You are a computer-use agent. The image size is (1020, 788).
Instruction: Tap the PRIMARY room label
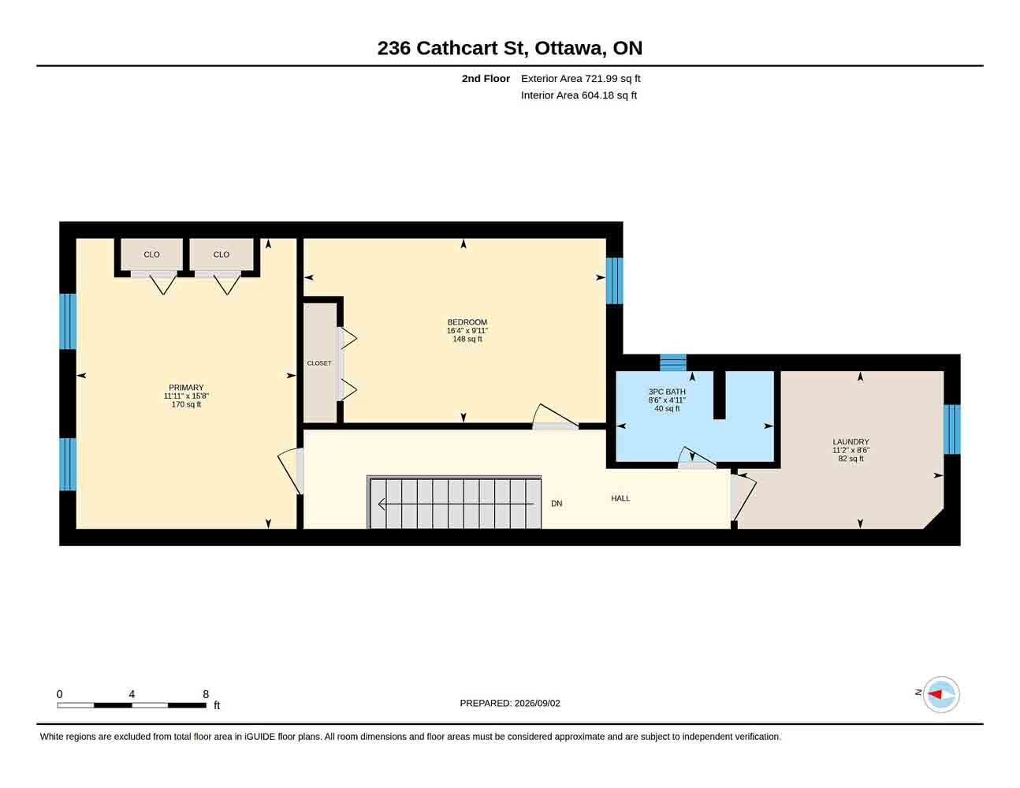pyautogui.click(x=186, y=388)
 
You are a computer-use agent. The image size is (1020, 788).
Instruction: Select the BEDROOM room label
pyautogui.click(x=467, y=322)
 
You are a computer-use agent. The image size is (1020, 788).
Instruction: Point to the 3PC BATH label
pyautogui.click(x=667, y=392)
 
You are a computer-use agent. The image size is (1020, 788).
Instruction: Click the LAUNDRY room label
pyautogui.click(x=851, y=442)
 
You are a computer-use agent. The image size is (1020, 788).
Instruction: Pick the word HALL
pyautogui.click(x=620, y=499)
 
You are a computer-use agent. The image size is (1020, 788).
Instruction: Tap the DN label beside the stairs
pyautogui.click(x=557, y=504)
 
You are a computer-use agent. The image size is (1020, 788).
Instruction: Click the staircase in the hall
pyautogui.click(x=454, y=503)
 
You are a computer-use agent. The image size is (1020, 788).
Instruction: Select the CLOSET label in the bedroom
pyautogui.click(x=319, y=363)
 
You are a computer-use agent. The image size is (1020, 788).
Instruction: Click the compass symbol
pyautogui.click(x=940, y=694)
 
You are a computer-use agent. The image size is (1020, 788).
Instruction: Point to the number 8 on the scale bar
pyautogui.click(x=206, y=694)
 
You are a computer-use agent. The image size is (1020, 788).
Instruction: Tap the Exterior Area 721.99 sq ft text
pyautogui.click(x=580, y=79)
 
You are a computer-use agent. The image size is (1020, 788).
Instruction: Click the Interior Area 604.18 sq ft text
pyautogui.click(x=579, y=95)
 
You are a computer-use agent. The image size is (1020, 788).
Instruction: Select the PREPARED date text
pyautogui.click(x=510, y=703)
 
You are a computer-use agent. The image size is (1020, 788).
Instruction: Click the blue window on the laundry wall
pyautogui.click(x=952, y=429)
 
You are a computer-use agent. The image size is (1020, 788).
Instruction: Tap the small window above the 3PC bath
pyautogui.click(x=673, y=362)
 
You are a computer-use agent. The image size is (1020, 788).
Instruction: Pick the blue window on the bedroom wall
pyautogui.click(x=614, y=281)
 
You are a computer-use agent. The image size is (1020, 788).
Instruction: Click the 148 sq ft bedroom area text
pyautogui.click(x=467, y=339)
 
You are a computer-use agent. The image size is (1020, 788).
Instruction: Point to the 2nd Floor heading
pyautogui.click(x=486, y=79)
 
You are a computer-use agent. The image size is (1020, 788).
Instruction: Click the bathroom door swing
pyautogui.click(x=698, y=456)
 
